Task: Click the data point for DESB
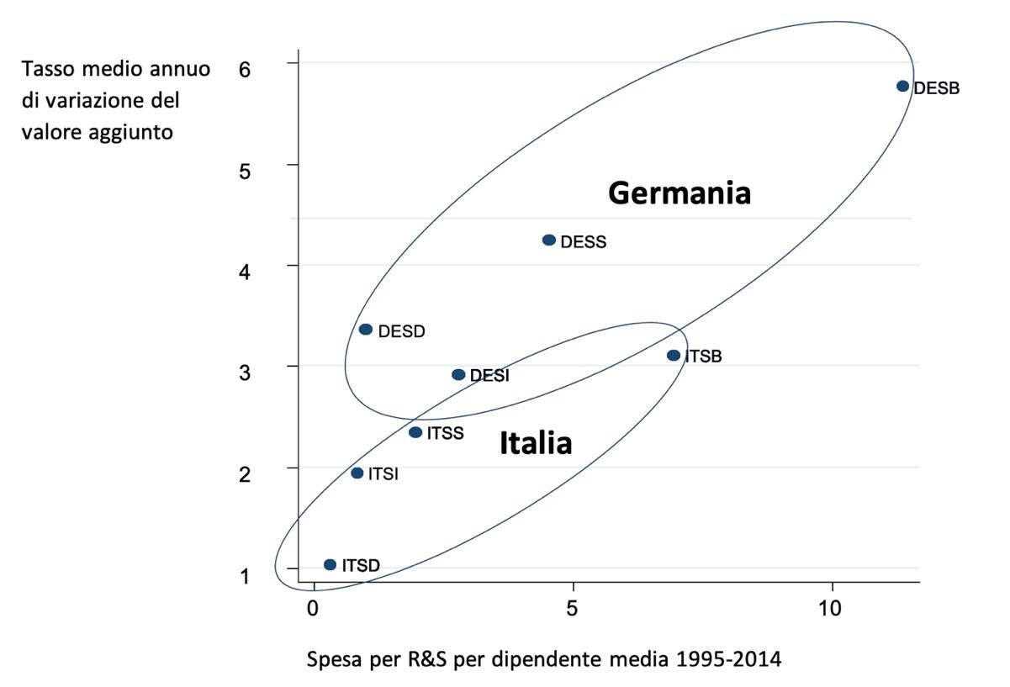click(x=902, y=86)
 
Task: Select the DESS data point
click(x=549, y=240)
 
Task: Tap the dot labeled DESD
click(x=366, y=329)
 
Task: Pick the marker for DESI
click(x=458, y=374)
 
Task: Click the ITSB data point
click(x=674, y=355)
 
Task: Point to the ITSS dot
click(x=415, y=432)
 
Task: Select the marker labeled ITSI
click(x=357, y=473)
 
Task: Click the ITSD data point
click(x=330, y=564)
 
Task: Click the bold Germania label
click(x=679, y=194)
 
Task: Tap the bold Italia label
click(x=536, y=443)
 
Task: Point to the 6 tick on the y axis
click(x=245, y=70)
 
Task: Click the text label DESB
click(x=936, y=87)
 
